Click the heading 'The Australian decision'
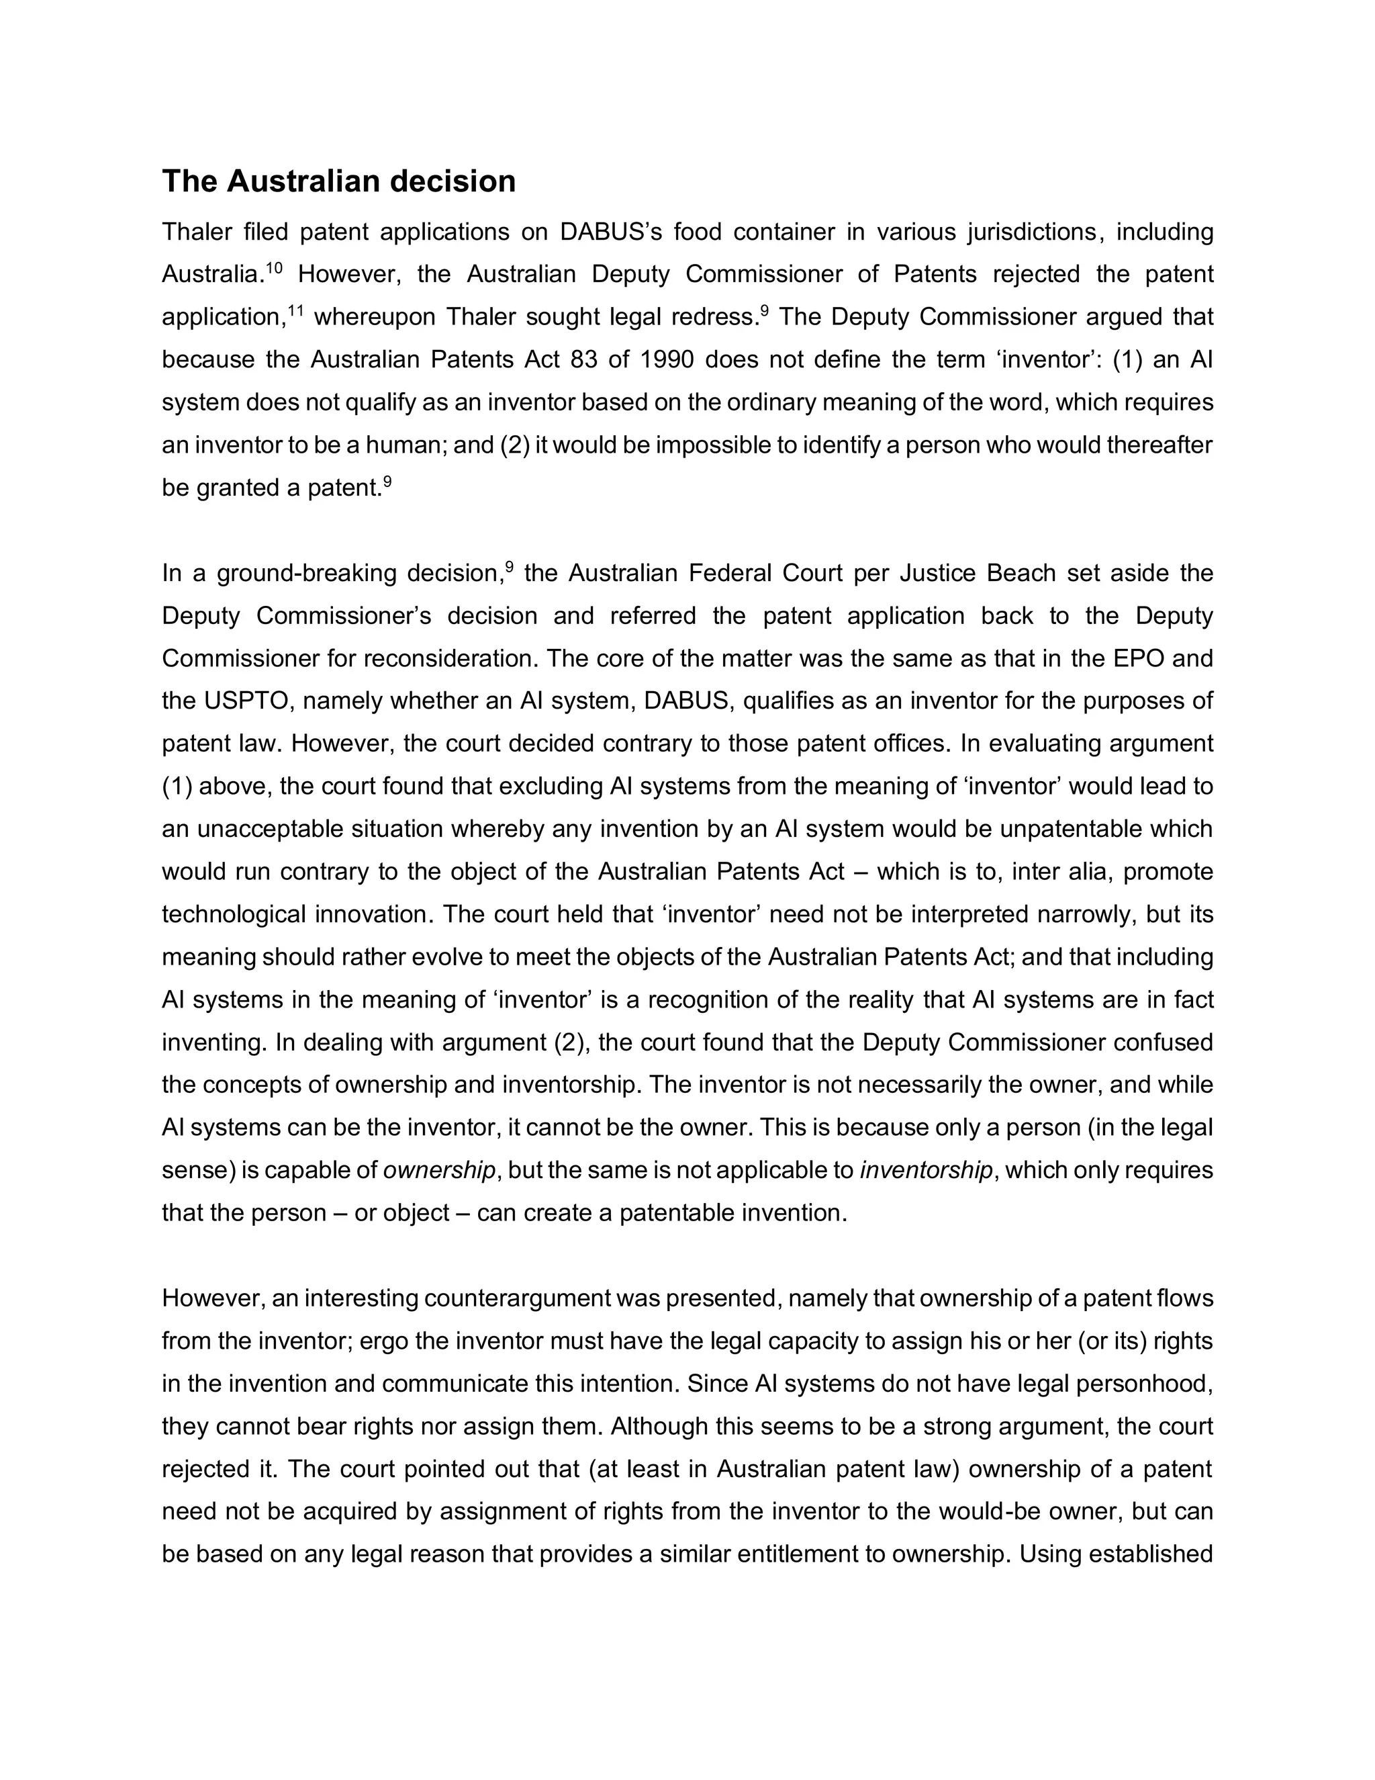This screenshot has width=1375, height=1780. pyautogui.click(x=338, y=181)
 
